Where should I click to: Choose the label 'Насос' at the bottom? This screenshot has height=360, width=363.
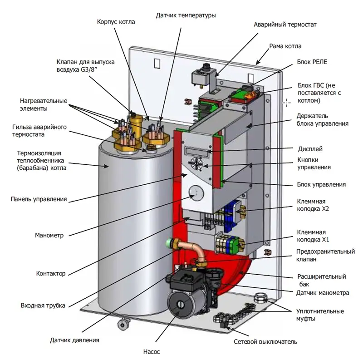(x=152, y=351)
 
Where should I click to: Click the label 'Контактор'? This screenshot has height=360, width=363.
(x=50, y=274)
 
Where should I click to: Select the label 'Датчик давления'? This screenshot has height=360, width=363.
(x=74, y=340)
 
